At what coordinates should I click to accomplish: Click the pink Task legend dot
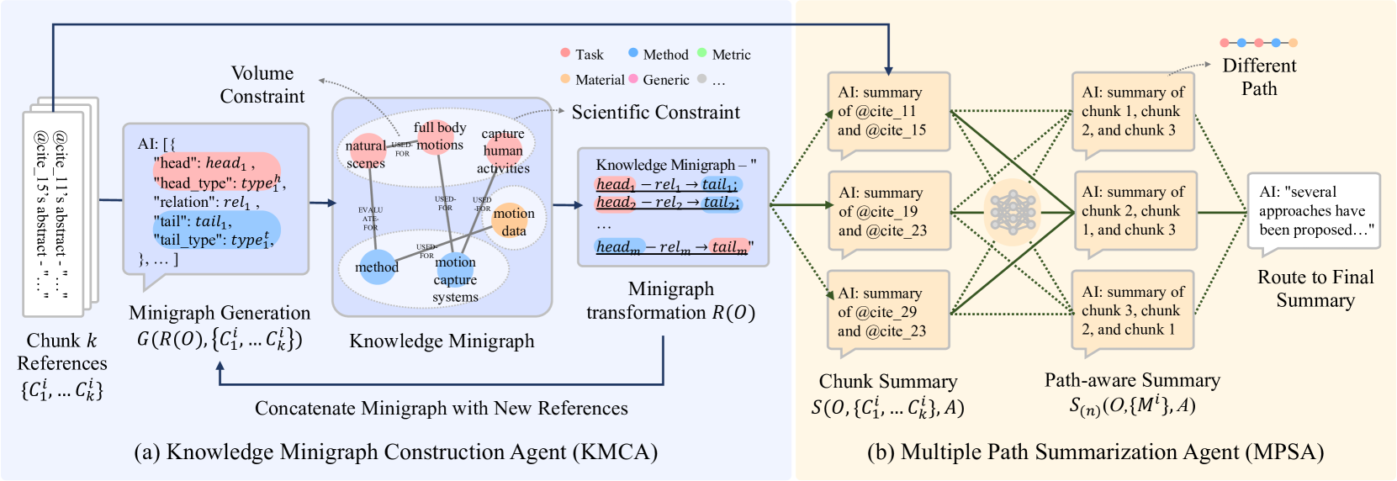pos(565,53)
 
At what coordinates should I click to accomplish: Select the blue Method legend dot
pos(632,53)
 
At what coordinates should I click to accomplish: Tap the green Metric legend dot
pos(701,53)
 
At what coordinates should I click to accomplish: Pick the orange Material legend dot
pos(565,79)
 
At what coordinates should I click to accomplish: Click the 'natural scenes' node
pos(367,150)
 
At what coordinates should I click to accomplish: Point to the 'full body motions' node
pos(439,135)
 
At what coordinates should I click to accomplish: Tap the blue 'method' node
pos(377,267)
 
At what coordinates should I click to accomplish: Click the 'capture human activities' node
pos(503,151)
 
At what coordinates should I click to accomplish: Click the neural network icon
pos(1012,211)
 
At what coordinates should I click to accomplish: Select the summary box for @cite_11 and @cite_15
pos(888,112)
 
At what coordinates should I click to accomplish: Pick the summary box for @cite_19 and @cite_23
pos(888,212)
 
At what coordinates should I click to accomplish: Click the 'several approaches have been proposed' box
pos(1313,211)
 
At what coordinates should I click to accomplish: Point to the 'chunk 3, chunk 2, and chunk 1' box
pos(1133,310)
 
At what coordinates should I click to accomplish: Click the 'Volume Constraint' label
pos(262,84)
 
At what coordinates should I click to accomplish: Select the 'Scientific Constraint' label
pos(656,112)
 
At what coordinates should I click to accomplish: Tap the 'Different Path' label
pos(1259,77)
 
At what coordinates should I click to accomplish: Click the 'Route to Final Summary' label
pos(1315,288)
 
